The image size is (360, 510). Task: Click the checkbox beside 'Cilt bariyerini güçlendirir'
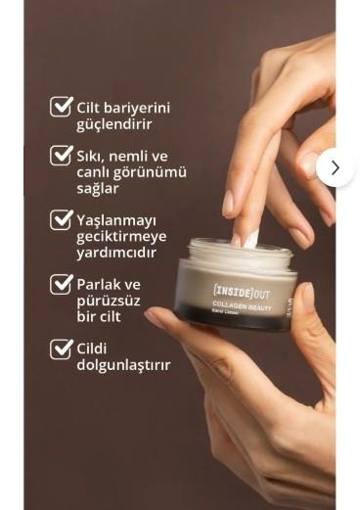pos(61,107)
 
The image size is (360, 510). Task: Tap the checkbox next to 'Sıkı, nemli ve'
pos(61,156)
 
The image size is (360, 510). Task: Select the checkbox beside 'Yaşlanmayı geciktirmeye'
pos(61,220)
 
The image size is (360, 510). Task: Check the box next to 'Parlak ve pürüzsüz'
pos(61,285)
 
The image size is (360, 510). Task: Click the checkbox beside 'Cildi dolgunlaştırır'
pos(61,348)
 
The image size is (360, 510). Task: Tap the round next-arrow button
pos(335,167)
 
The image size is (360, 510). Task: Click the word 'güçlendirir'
pos(115,125)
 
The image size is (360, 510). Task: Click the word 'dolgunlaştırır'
pos(123,365)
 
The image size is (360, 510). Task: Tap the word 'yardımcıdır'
pos(117,254)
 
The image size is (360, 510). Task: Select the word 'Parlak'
pos(99,284)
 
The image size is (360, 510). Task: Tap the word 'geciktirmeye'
pos(123,237)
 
